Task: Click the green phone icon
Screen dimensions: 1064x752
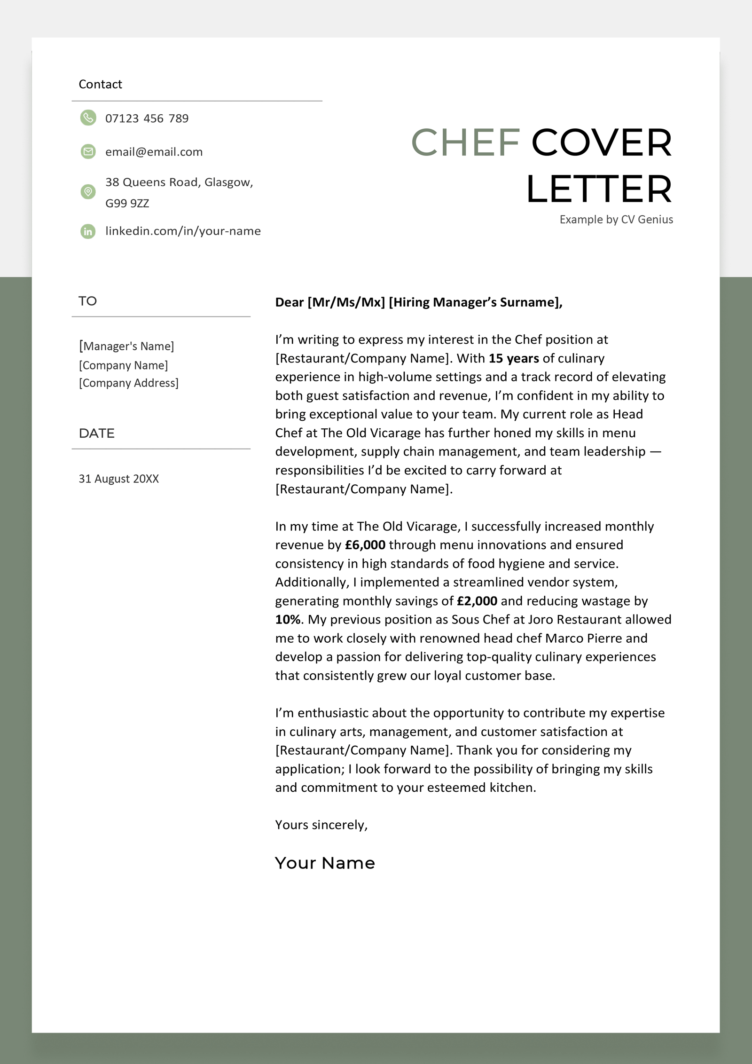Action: pos(88,118)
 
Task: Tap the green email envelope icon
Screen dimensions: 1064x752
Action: pos(88,151)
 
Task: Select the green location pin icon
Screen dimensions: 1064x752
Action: pos(88,191)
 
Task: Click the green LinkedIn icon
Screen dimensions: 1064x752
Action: pos(88,231)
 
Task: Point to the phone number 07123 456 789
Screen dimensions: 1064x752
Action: pos(147,118)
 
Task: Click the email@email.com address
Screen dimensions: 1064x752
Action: pos(154,152)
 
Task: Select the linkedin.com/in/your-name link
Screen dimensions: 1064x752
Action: pos(183,231)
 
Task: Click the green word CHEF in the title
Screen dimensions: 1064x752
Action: pos(465,142)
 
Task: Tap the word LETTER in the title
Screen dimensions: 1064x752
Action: pos(599,189)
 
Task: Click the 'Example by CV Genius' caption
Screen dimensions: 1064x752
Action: pos(616,220)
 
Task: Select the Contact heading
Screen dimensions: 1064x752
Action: pos(100,84)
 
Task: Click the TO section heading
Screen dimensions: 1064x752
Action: pos(87,301)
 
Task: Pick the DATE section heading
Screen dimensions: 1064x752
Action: pos(96,433)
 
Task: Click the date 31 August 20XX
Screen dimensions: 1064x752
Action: pos(118,479)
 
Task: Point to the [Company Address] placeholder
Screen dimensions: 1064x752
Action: pos(128,383)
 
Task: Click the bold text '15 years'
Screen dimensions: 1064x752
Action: pos(513,358)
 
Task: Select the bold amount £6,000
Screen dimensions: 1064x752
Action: pos(365,545)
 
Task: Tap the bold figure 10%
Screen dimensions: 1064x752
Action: pos(287,620)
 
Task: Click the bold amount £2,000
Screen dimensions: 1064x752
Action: pos(477,601)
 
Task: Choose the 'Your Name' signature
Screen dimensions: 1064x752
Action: pos(325,863)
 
